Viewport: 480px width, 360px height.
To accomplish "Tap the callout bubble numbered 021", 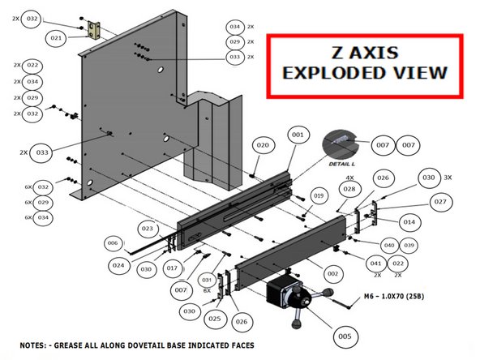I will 57,38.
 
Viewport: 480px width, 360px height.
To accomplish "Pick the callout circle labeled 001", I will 297,134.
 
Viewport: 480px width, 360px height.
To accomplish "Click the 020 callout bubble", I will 263,146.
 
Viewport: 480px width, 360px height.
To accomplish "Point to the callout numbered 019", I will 319,195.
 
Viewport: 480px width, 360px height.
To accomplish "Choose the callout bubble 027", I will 439,202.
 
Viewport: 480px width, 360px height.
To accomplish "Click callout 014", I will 409,221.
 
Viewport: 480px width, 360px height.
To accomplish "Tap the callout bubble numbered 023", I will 147,227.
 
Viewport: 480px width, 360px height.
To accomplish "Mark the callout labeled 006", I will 113,243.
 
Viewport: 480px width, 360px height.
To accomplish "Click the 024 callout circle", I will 119,264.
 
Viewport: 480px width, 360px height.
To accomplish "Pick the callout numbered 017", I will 172,268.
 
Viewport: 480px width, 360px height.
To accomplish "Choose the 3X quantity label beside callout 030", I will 447,177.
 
